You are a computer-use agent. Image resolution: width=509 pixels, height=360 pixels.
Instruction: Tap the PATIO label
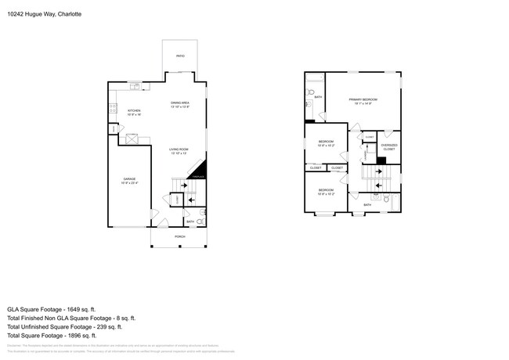tap(179, 56)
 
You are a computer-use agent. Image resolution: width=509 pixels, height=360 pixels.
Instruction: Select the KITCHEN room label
tap(134, 112)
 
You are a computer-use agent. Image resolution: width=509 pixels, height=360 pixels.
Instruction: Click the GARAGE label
tap(129, 180)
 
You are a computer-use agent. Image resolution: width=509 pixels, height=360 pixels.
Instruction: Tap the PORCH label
tap(179, 236)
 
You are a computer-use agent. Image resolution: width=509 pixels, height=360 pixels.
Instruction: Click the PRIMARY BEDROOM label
tap(363, 101)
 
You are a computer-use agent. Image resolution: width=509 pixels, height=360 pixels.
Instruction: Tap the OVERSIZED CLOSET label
tap(388, 146)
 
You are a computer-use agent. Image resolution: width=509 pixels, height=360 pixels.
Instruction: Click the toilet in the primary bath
tap(311, 103)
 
